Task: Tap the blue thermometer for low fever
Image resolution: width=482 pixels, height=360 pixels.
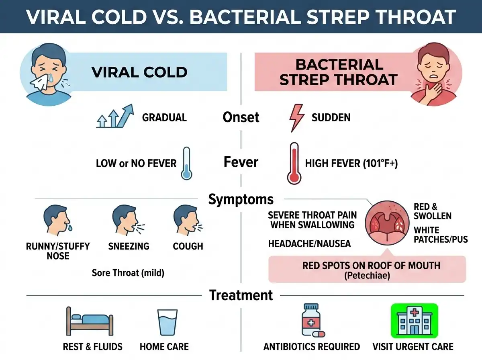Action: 186,164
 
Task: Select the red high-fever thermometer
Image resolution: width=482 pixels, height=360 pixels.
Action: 294,164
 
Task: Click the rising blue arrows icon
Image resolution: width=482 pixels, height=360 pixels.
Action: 115,116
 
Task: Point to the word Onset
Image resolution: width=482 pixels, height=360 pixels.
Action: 241,117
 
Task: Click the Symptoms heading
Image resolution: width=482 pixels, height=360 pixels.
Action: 241,199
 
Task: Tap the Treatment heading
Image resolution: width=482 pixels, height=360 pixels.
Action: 241,295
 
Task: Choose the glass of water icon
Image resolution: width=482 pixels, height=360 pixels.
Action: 167,322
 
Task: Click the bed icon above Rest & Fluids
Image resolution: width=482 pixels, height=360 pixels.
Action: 90,321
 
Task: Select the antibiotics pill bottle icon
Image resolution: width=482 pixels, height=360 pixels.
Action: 312,321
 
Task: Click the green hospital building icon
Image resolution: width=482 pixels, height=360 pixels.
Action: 415,321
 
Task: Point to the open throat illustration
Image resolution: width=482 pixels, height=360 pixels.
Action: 387,223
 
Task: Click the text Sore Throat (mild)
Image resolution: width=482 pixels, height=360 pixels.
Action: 128,273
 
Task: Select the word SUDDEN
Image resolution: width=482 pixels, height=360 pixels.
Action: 331,117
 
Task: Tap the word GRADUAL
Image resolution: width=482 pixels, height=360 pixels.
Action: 164,117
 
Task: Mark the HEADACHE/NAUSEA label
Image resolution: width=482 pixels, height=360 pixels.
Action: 309,243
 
